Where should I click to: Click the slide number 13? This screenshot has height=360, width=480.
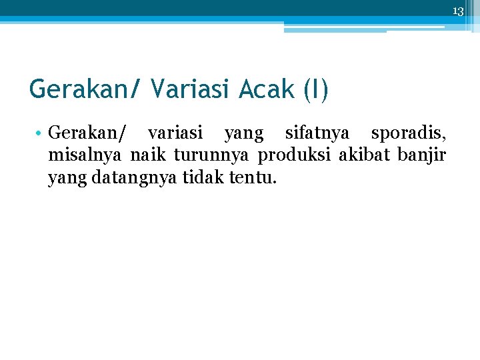[457, 11]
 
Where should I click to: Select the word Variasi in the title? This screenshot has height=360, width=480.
[194, 89]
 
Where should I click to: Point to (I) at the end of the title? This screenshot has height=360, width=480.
[315, 89]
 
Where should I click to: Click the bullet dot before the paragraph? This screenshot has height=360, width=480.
[41, 133]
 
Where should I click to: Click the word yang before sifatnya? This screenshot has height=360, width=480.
[243, 135]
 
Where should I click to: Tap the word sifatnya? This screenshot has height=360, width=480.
[317, 133]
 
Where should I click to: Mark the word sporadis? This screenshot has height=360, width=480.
[409, 133]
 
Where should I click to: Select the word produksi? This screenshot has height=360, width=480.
[295, 156]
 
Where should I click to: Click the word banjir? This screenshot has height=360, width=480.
[421, 156]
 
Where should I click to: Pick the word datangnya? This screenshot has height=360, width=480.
[125, 179]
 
